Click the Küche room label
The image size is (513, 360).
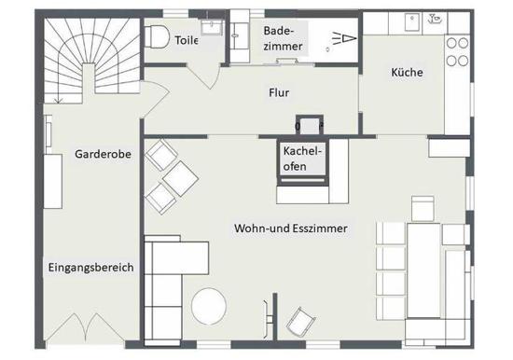[x=407, y=72]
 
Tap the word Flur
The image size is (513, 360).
[x=279, y=92]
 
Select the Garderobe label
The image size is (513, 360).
[x=103, y=154]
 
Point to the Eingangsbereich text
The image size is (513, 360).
[x=91, y=268]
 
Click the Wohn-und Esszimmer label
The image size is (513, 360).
[x=290, y=228]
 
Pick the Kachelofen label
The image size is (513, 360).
[x=302, y=159]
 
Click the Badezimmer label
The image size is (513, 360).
[x=283, y=38]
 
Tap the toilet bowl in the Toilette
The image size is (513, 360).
[x=157, y=37]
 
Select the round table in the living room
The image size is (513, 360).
[x=209, y=306]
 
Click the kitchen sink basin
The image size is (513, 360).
[x=413, y=22]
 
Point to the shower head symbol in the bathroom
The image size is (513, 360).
[x=344, y=38]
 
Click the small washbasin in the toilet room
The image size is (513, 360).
[x=212, y=27]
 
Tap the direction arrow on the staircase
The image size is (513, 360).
[x=58, y=98]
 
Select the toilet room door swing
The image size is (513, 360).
[x=205, y=76]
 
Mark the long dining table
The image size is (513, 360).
[x=423, y=270]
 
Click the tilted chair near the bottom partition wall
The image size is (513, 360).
[x=300, y=322]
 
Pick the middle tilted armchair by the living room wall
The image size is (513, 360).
[x=180, y=179]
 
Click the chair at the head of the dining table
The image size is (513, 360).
[x=423, y=209]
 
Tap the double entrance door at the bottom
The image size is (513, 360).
[x=85, y=327]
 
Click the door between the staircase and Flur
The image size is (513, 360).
[x=155, y=99]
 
